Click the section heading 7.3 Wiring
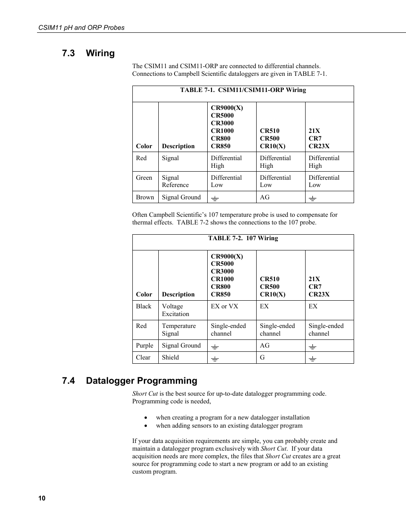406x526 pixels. click(88, 53)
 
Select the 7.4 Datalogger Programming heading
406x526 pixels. click(129, 381)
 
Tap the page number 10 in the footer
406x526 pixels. click(42, 498)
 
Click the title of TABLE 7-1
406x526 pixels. click(243, 90)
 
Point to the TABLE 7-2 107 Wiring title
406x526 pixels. click(243, 238)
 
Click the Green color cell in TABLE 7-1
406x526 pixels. click(144, 178)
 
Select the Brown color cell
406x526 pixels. click(145, 197)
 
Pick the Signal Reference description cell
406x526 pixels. click(175, 181)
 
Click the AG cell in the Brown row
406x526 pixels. click(265, 197)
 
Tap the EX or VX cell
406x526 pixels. click(224, 306)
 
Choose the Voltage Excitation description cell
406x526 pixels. click(175, 310)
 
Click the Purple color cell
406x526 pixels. click(144, 345)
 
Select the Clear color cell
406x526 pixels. click(143, 357)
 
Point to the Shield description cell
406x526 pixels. click(170, 357)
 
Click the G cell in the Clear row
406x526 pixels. click(262, 357)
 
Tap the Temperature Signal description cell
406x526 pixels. click(179, 330)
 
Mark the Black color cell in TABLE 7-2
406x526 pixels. click(143, 306)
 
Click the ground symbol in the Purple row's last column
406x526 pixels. click(312, 346)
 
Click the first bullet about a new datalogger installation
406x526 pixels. click(232, 417)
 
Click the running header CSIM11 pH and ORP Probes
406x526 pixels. click(81, 27)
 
